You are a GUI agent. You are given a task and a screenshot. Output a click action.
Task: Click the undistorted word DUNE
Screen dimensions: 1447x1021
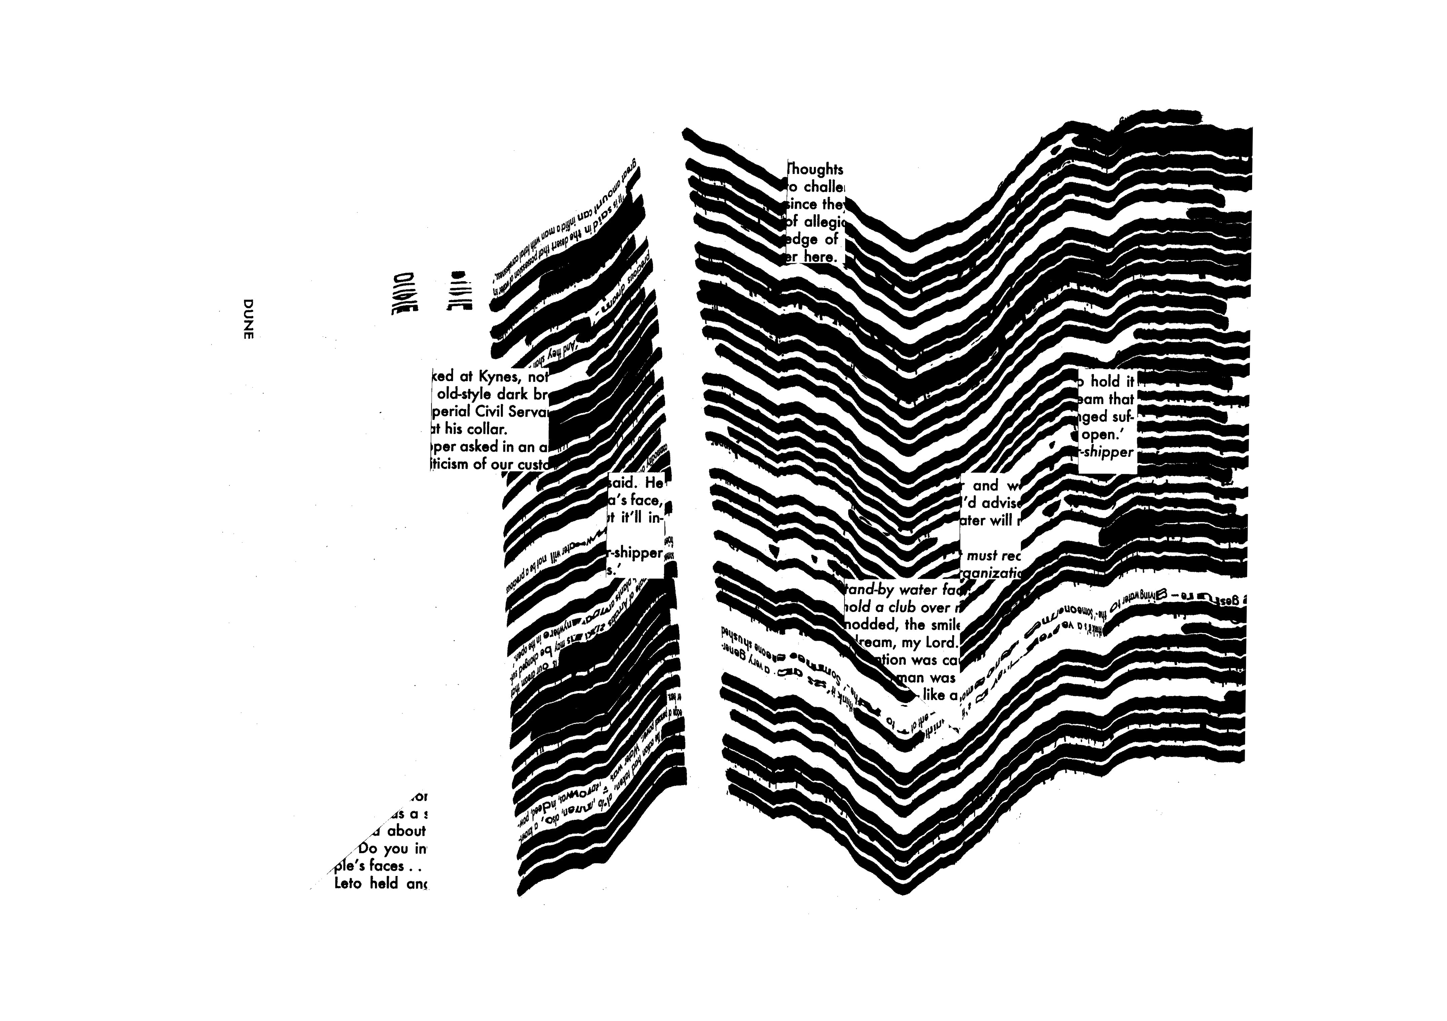click(248, 319)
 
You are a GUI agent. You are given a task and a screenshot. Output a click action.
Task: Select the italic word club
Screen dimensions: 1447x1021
click(902, 608)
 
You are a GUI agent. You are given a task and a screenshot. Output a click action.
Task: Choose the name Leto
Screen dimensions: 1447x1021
click(348, 884)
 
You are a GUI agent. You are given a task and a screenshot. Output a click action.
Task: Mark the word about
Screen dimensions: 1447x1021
click(407, 831)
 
